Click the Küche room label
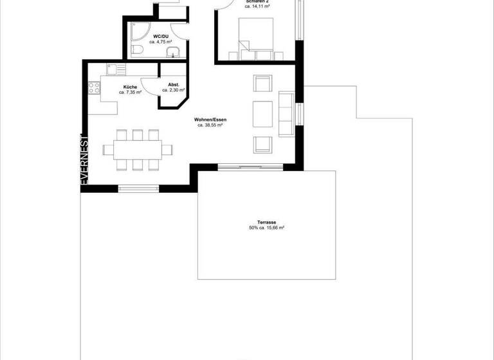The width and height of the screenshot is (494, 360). pos(129,86)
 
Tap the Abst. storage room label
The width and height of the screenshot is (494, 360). pos(173,85)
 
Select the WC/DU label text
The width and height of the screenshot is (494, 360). pos(160,36)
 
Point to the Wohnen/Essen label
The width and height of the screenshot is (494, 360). pos(210,120)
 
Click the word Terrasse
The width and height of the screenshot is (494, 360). pos(266,222)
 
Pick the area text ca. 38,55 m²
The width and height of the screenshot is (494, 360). pos(210,126)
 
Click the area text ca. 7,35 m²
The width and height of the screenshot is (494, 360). pos(131,93)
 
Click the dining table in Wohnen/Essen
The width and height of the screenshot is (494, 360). pos(138,150)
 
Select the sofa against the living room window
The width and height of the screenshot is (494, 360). pos(286,114)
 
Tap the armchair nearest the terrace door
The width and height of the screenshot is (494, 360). pos(262,144)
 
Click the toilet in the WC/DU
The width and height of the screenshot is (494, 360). pos(136,50)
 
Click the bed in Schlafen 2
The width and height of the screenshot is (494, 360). pos(255,35)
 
